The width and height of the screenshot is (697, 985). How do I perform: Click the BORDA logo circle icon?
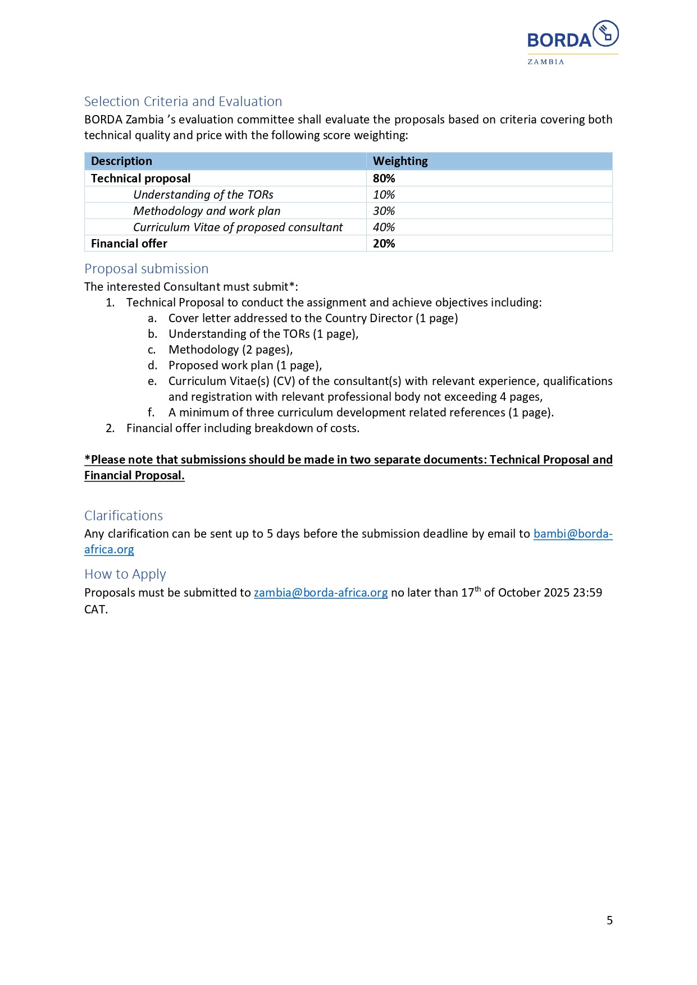pyautogui.click(x=605, y=34)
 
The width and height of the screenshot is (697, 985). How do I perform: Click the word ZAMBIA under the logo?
pyautogui.click(x=545, y=62)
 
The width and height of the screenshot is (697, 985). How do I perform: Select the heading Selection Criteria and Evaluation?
pyautogui.click(x=183, y=102)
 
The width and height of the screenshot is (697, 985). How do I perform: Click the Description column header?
pyautogui.click(x=121, y=161)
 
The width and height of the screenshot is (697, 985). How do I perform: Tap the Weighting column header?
pyautogui.click(x=400, y=161)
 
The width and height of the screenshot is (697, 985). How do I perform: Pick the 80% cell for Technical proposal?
pyautogui.click(x=384, y=178)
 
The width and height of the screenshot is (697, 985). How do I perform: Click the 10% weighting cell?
pyautogui.click(x=384, y=195)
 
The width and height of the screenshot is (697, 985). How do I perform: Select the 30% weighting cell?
pyautogui.click(x=384, y=211)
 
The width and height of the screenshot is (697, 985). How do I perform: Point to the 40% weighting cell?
pyautogui.click(x=384, y=227)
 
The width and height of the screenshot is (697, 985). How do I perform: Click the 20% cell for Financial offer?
pyautogui.click(x=384, y=244)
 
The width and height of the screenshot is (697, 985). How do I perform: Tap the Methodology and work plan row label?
pyautogui.click(x=207, y=211)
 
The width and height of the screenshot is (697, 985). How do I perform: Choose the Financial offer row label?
pyautogui.click(x=129, y=244)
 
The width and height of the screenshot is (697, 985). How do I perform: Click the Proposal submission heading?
pyautogui.click(x=146, y=269)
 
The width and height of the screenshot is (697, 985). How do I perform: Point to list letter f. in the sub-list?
pyautogui.click(x=151, y=413)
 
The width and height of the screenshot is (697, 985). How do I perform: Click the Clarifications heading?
pyautogui.click(x=124, y=516)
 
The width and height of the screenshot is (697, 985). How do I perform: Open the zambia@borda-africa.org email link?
pyautogui.click(x=321, y=593)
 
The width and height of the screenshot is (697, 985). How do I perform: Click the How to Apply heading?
pyautogui.click(x=125, y=574)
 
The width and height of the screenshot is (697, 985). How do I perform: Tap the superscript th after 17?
pyautogui.click(x=478, y=589)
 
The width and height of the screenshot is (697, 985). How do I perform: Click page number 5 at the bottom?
pyautogui.click(x=609, y=920)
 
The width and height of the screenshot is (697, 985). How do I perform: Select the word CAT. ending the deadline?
pyautogui.click(x=96, y=610)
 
